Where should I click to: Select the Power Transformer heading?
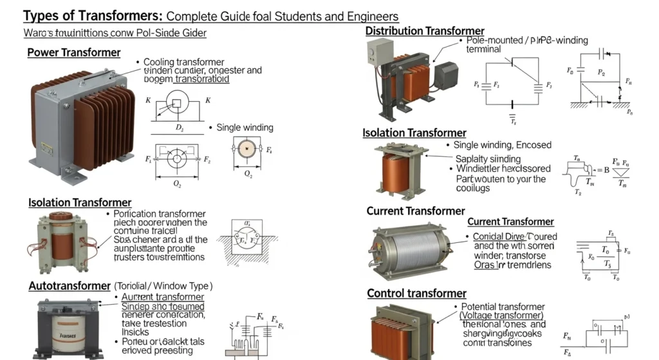pos(73,53)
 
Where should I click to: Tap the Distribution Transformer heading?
pos(425,31)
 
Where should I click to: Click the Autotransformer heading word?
pos(70,285)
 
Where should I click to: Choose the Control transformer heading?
pos(416,294)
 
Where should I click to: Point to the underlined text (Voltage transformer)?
pos(501,316)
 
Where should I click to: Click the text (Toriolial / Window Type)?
pos(163,285)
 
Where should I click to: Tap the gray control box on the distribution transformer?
pos(380,52)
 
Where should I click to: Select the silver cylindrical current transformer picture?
pos(409,249)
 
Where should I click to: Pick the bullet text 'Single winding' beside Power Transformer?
pos(245,128)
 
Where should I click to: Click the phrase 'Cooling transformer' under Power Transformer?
pos(183,62)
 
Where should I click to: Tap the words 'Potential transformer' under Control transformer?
pos(503,307)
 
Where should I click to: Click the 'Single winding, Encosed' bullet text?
pos(502,146)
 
